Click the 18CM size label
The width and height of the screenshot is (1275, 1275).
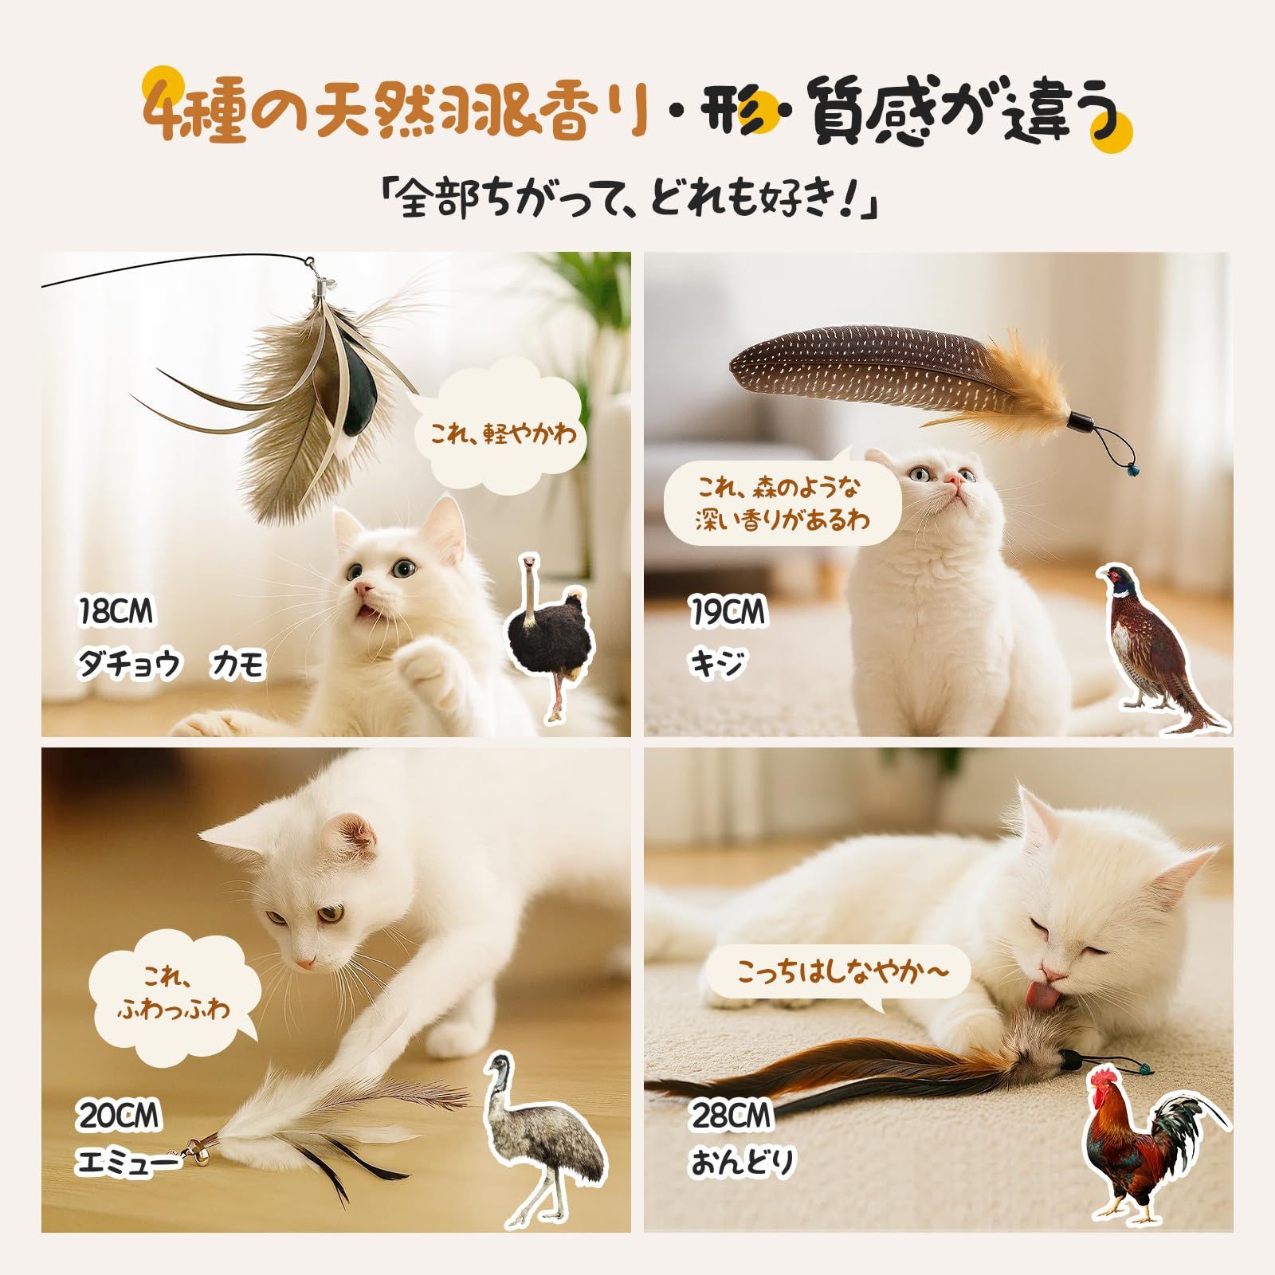(x=116, y=612)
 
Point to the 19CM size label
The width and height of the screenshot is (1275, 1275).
(x=728, y=612)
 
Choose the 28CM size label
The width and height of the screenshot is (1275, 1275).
(x=732, y=1116)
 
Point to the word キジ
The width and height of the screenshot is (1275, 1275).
(x=718, y=663)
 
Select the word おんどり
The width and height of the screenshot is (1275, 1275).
(x=743, y=1163)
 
